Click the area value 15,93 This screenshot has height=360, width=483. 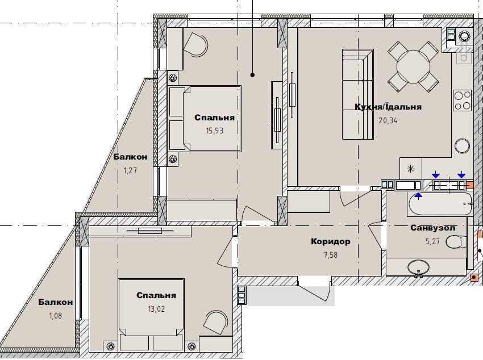click(215, 131)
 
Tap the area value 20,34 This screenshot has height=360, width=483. click(388, 120)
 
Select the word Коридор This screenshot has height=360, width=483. click(331, 241)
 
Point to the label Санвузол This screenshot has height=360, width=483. click(433, 228)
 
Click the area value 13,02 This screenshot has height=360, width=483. click(156, 309)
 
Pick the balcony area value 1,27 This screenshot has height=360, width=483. click(130, 170)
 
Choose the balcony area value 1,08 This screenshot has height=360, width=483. click(56, 315)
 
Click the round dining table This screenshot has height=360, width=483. click(413, 67)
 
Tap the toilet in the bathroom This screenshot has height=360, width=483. click(456, 242)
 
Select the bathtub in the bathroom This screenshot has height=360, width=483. click(440, 203)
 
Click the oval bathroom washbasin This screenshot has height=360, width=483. click(418, 267)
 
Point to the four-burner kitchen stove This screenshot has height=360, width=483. click(462, 101)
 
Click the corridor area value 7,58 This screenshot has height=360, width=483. click(331, 255)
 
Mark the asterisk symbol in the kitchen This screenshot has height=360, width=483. click(411, 169)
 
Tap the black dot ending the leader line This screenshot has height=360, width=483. click(253, 75)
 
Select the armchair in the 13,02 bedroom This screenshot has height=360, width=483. click(215, 322)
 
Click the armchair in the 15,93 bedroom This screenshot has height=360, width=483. click(196, 45)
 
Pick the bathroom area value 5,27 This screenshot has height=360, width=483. click(433, 241)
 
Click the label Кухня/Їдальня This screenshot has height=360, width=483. click(388, 107)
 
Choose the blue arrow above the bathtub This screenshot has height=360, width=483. click(418, 195)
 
